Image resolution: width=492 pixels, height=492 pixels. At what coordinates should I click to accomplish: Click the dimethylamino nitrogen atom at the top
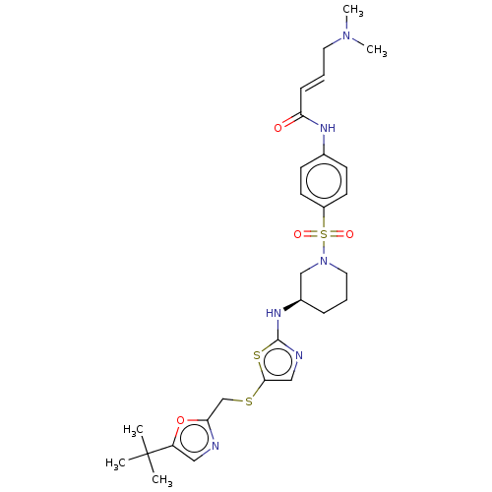(x=346, y=35)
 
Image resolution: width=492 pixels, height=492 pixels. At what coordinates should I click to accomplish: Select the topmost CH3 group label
(x=353, y=10)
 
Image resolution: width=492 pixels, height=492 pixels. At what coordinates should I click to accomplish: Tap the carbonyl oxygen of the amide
(x=277, y=128)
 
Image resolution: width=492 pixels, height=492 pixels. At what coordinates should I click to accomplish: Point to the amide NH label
(x=328, y=128)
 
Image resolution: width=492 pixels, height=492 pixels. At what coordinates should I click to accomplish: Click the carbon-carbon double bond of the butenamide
(x=312, y=83)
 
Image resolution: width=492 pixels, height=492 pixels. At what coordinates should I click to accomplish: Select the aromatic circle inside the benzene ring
(x=324, y=180)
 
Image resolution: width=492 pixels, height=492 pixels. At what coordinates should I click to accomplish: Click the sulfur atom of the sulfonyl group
(x=324, y=234)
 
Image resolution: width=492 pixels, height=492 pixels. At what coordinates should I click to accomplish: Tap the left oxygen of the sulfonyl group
(x=297, y=234)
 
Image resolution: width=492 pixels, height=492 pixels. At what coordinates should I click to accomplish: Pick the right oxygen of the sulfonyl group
(x=349, y=234)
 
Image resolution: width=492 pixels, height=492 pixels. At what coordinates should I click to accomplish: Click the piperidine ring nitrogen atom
(x=324, y=261)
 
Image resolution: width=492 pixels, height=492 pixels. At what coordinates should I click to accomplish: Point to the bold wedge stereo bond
(x=292, y=305)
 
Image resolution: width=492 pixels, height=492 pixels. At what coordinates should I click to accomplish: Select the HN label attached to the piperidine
(x=274, y=313)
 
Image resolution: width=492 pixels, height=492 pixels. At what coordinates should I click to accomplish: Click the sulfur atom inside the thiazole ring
(x=257, y=355)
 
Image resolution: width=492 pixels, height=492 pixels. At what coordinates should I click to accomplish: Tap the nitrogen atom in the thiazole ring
(x=299, y=355)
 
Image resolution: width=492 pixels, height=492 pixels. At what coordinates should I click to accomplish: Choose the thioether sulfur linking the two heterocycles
(x=249, y=401)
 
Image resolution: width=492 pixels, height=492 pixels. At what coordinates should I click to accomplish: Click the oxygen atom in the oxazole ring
(x=180, y=420)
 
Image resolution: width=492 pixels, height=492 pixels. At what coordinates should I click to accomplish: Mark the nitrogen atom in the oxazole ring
(x=215, y=446)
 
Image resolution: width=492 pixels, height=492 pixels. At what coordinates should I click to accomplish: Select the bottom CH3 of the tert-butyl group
(x=162, y=480)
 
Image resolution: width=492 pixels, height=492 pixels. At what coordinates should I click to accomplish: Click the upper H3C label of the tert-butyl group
(x=134, y=430)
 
